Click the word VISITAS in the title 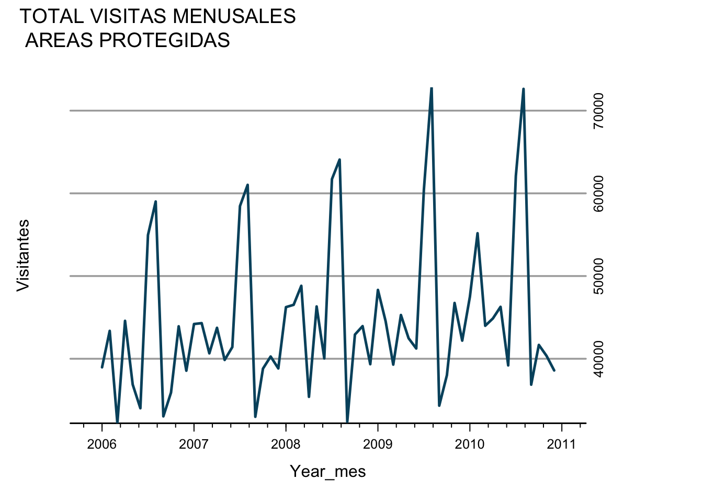tap(128, 17)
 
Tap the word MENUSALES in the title tap(234, 17)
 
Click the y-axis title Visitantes tap(23, 255)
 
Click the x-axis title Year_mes tap(328, 472)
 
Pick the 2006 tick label tap(101, 445)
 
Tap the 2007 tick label tap(194, 445)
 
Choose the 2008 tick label tap(286, 445)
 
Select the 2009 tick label tap(378, 445)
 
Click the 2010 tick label tap(470, 445)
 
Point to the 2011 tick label tap(562, 445)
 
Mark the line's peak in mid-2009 tap(432, 88)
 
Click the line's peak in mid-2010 tap(523, 89)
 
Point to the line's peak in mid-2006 tap(155, 201)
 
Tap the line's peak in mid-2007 tap(247, 185)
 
